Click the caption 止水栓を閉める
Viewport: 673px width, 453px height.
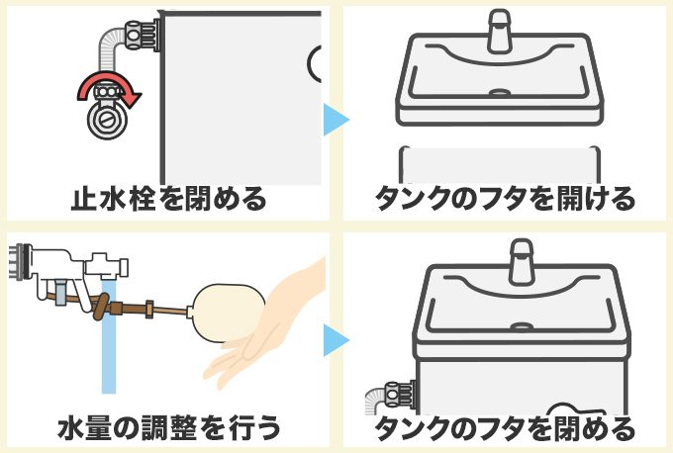coord(168,198)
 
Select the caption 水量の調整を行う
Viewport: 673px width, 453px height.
coord(168,427)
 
